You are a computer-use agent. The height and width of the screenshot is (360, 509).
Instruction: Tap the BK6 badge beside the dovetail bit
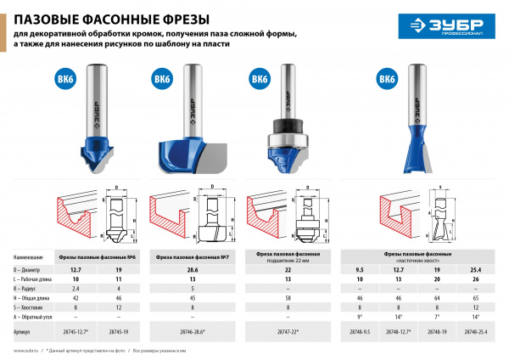pyautogui.click(x=388, y=80)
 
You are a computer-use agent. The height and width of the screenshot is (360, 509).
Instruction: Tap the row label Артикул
pyautogui.click(x=25, y=324)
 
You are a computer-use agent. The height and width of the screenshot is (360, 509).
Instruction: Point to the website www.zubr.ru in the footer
pyautogui.click(x=26, y=350)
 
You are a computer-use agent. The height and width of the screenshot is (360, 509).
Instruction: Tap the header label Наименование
pyautogui.click(x=28, y=256)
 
